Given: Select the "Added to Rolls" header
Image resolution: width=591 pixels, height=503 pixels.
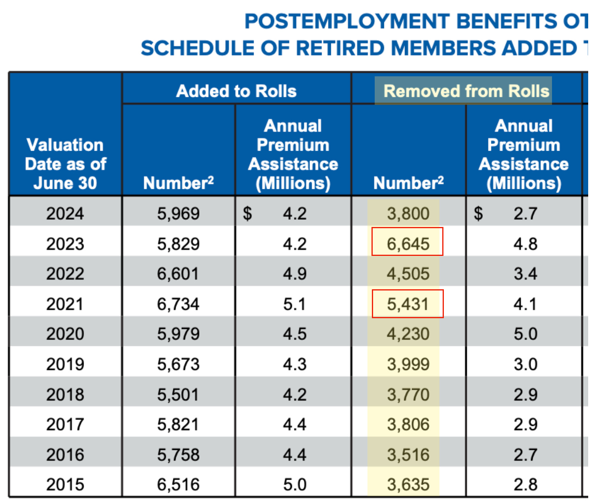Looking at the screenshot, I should click(x=236, y=91).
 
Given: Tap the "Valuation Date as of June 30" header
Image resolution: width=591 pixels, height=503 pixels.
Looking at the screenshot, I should click(x=65, y=164).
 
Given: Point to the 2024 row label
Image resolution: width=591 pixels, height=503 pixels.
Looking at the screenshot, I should click(x=65, y=213).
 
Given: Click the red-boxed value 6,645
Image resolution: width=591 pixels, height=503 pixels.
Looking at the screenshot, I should click(x=408, y=243).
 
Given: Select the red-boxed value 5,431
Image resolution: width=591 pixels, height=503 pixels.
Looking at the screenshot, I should click(x=408, y=304).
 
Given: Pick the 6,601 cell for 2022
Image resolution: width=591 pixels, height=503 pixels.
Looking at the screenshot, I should click(x=178, y=274).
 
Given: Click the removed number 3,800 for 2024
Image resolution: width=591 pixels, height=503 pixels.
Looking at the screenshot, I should click(x=408, y=213).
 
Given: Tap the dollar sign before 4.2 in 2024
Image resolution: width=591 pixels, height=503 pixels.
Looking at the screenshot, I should click(x=247, y=213).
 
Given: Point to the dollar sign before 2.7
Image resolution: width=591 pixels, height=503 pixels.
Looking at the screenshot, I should click(x=478, y=213).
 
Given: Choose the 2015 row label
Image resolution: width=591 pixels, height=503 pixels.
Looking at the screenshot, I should click(x=65, y=485).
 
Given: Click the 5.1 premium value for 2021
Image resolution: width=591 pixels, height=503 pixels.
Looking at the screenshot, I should click(x=294, y=304).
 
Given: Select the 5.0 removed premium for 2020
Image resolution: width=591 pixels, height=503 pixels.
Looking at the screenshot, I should click(x=525, y=334).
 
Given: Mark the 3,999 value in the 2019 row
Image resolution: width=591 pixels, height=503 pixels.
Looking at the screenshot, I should click(x=408, y=364).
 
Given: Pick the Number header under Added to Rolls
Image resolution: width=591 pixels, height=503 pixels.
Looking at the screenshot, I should click(x=178, y=183).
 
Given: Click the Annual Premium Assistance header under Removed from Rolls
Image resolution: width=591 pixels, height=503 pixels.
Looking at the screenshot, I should click(x=523, y=155).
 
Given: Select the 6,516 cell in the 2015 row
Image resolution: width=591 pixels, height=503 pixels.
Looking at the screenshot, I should click(x=178, y=485).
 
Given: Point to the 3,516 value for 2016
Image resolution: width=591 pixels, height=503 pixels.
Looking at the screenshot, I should click(x=408, y=455).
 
